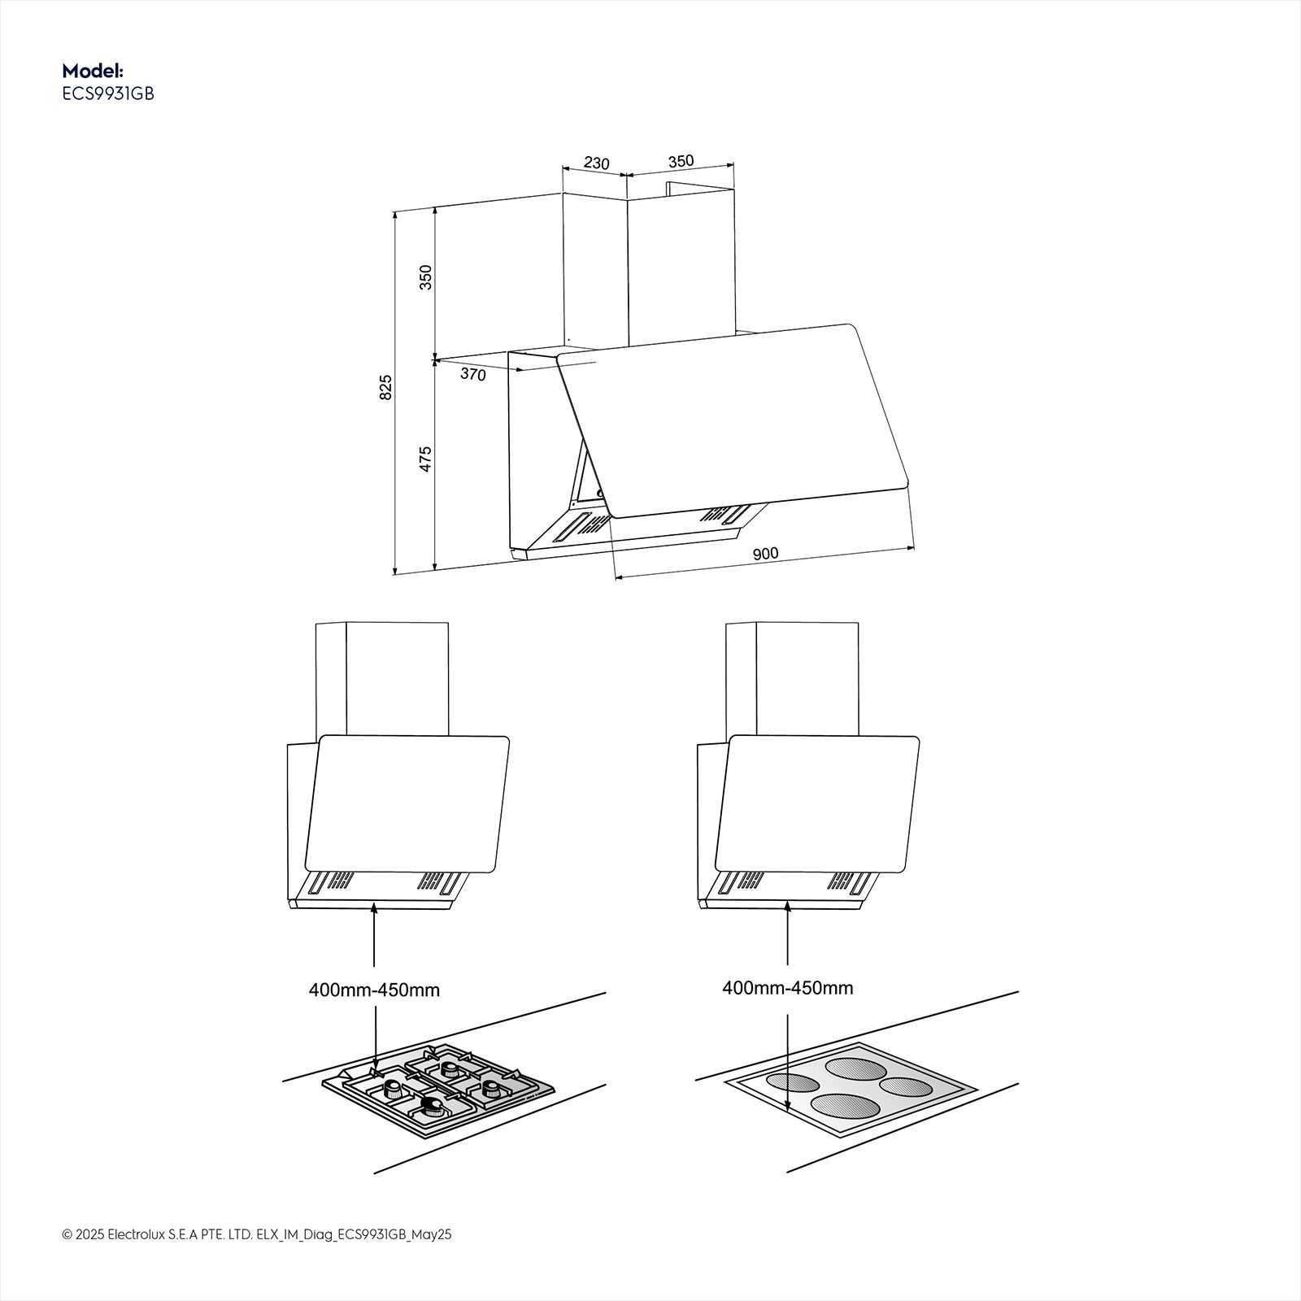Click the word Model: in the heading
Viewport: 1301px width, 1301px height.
click(x=93, y=71)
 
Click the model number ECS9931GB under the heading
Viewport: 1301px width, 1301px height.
click(x=108, y=94)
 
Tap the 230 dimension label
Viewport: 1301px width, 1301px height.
click(x=596, y=163)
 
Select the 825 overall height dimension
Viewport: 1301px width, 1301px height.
click(x=386, y=386)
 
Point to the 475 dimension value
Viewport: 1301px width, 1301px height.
click(x=424, y=459)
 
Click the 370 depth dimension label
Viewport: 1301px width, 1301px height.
click(x=472, y=375)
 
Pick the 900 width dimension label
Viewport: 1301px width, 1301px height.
click(x=765, y=554)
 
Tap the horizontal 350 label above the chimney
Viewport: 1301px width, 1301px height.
click(x=681, y=161)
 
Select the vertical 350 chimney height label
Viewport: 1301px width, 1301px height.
click(x=424, y=277)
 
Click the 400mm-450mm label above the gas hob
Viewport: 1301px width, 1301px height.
click(x=374, y=990)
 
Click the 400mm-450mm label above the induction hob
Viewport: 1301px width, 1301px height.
click(x=787, y=988)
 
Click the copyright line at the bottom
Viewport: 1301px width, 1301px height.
click(x=256, y=1257)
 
